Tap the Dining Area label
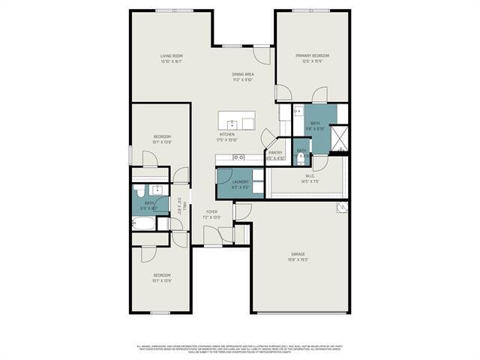coord(242,74)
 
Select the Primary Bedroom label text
coord(312,56)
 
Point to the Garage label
coord(298,254)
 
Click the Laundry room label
coord(240,181)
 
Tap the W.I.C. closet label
coord(310,178)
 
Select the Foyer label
coord(212,212)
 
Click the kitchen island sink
coord(232,123)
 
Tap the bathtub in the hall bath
coord(143,223)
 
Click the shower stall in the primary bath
coord(338,137)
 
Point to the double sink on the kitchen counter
coord(238,157)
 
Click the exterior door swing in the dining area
coord(262,55)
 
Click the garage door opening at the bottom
coord(300,313)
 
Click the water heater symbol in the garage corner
coord(342,208)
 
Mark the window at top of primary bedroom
coord(312,10)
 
